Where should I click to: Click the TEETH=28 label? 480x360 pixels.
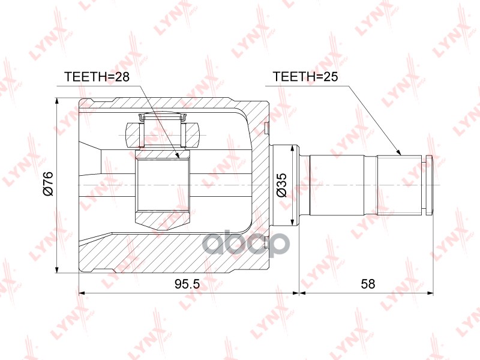point(97,77)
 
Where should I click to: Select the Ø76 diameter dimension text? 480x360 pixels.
point(49,183)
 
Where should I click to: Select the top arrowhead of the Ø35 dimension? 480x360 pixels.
point(292,148)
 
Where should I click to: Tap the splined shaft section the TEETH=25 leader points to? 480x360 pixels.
point(399,185)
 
